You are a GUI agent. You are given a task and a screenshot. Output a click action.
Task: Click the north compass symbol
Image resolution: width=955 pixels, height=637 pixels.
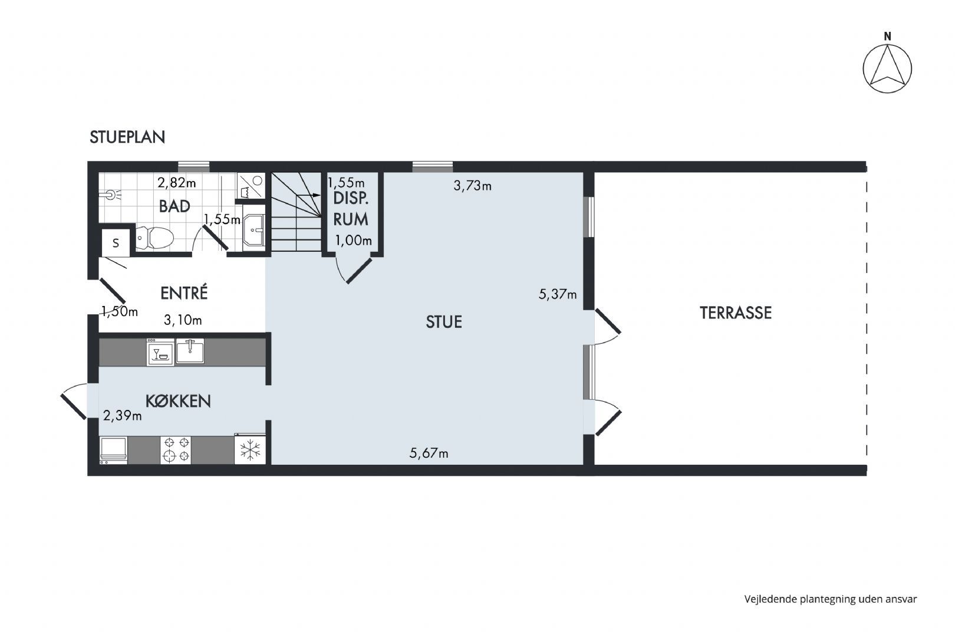tap(887, 68)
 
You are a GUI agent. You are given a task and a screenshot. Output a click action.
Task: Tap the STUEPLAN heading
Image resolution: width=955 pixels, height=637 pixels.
tap(127, 137)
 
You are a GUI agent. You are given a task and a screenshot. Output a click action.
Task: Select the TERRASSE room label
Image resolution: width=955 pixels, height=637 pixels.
tap(736, 313)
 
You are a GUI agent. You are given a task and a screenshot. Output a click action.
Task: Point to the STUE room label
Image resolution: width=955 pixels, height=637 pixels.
tap(444, 322)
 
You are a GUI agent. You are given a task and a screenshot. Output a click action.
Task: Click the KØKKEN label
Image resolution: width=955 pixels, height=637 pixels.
tap(178, 401)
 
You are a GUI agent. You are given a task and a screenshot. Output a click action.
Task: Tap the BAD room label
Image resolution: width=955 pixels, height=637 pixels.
tap(174, 206)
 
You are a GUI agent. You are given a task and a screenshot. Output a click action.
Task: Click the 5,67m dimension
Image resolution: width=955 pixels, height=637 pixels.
tap(429, 453)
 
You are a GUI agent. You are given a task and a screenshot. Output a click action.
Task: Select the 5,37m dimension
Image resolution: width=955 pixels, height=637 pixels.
tap(558, 294)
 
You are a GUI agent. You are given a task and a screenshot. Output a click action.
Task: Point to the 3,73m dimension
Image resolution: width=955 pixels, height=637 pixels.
tap(472, 186)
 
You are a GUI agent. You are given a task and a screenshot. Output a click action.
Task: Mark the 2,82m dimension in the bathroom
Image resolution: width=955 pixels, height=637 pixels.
tap(176, 183)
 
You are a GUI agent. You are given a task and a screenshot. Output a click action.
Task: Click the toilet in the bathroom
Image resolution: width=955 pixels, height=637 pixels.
tap(154, 238)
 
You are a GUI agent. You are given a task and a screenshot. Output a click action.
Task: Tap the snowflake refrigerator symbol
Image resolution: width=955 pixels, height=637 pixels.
tap(250, 449)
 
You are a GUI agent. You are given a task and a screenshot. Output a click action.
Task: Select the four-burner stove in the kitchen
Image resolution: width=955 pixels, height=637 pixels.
tap(176, 449)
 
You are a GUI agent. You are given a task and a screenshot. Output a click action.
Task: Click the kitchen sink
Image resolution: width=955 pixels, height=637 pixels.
tap(190, 351)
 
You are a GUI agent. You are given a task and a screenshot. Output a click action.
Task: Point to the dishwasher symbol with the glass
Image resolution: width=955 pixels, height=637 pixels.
tap(160, 353)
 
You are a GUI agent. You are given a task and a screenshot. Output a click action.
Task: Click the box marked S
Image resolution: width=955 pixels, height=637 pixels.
tap(116, 244)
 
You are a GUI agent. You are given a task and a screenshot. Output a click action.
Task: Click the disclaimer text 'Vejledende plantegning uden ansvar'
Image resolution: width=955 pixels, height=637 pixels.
tap(831, 599)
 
